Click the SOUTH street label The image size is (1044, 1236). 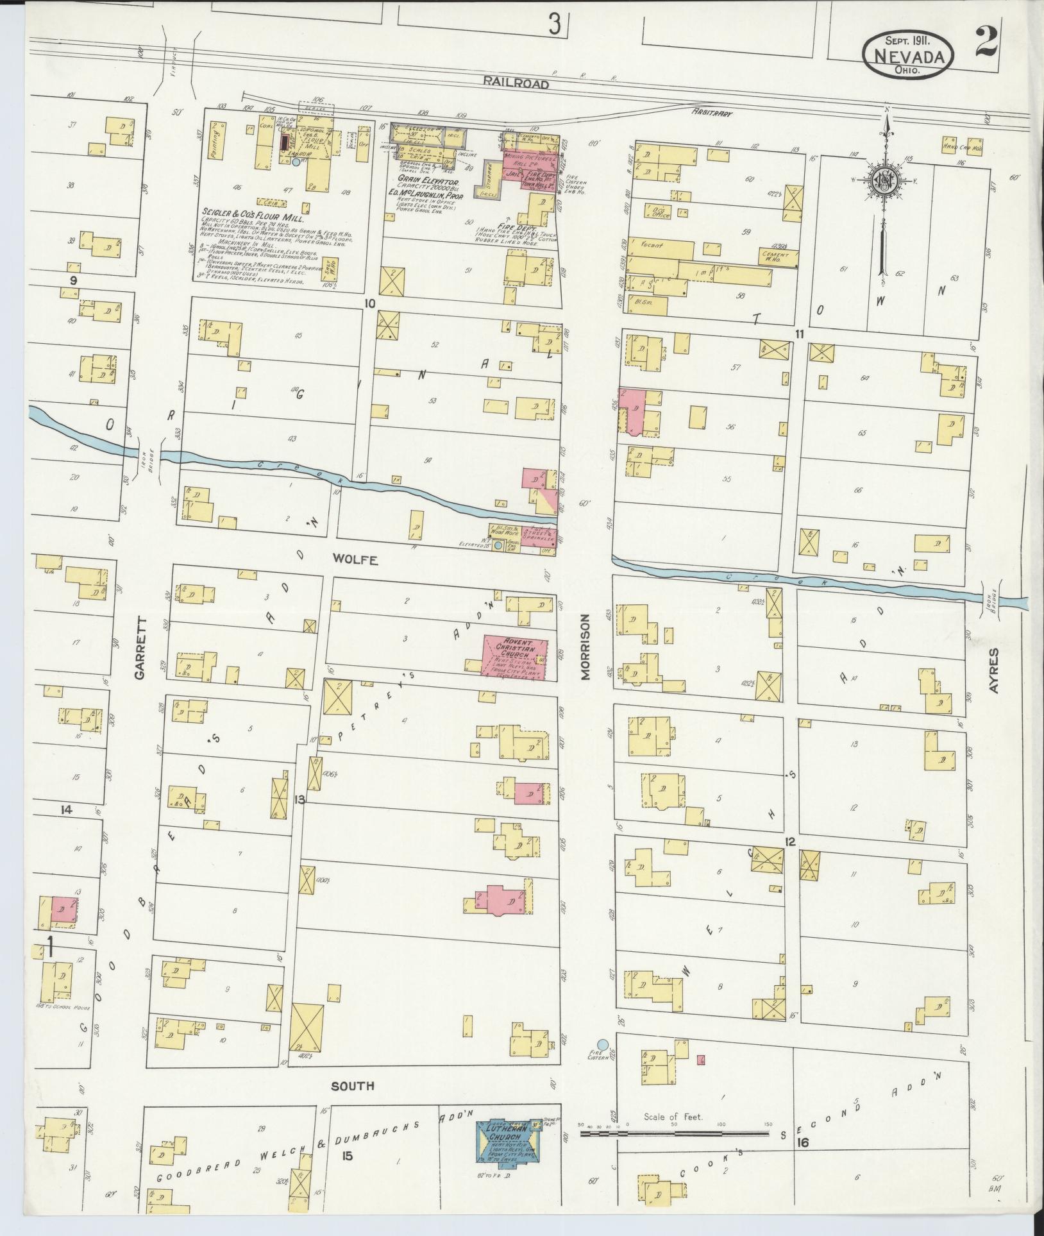point(352,1086)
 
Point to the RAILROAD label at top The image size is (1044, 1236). point(517,83)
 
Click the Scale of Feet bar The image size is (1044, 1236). point(673,1134)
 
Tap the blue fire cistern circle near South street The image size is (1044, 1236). point(602,1045)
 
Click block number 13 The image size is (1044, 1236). point(299,799)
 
